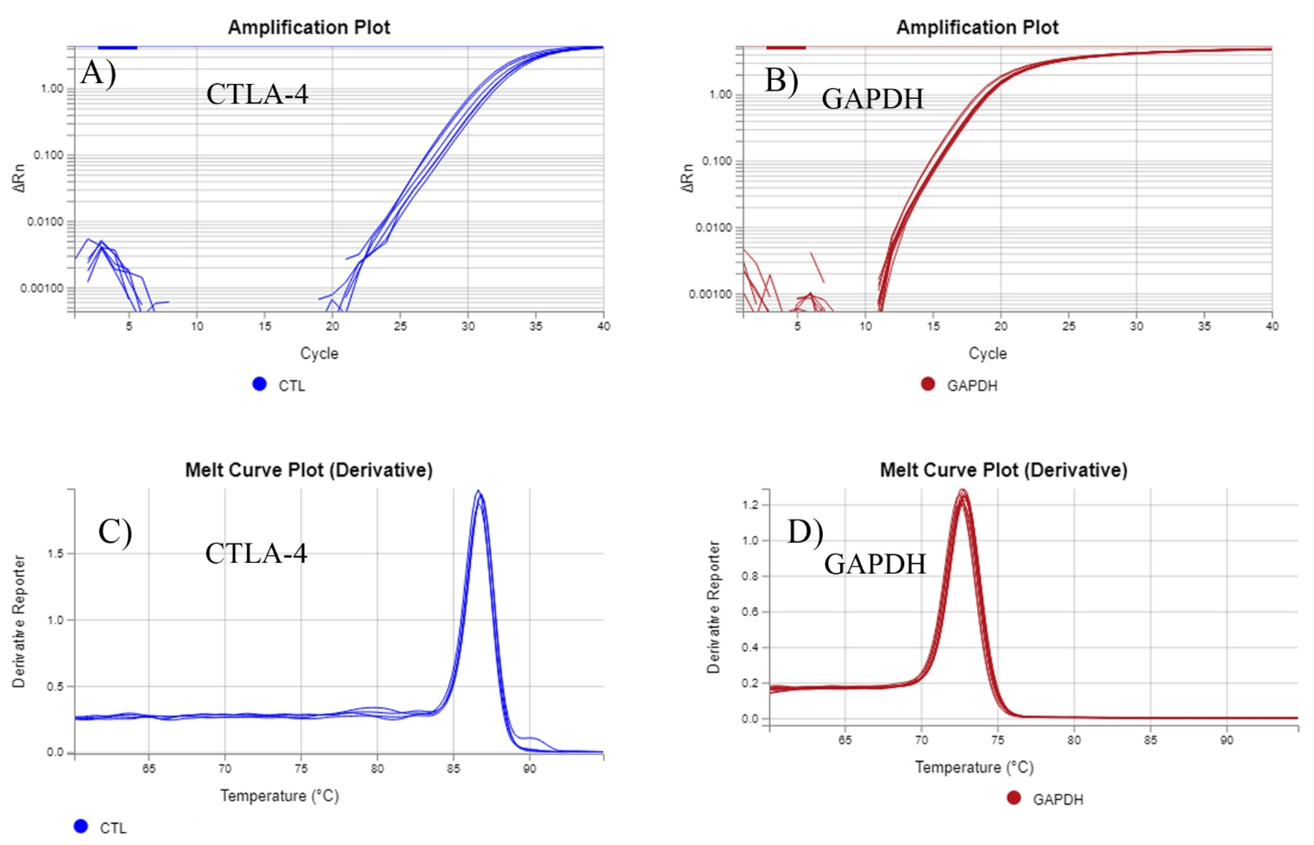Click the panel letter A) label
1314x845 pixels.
click(x=98, y=73)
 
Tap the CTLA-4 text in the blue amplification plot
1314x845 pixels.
click(x=257, y=94)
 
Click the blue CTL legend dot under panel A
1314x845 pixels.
click(x=259, y=384)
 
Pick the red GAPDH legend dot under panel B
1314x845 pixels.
click(x=927, y=384)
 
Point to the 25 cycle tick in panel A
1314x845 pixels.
click(x=400, y=326)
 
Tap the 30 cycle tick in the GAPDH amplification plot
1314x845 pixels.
click(x=1136, y=326)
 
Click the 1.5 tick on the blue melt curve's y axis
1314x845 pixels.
click(x=55, y=554)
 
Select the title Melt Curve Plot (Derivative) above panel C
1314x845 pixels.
click(x=309, y=470)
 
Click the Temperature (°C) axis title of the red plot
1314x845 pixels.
click(x=974, y=767)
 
